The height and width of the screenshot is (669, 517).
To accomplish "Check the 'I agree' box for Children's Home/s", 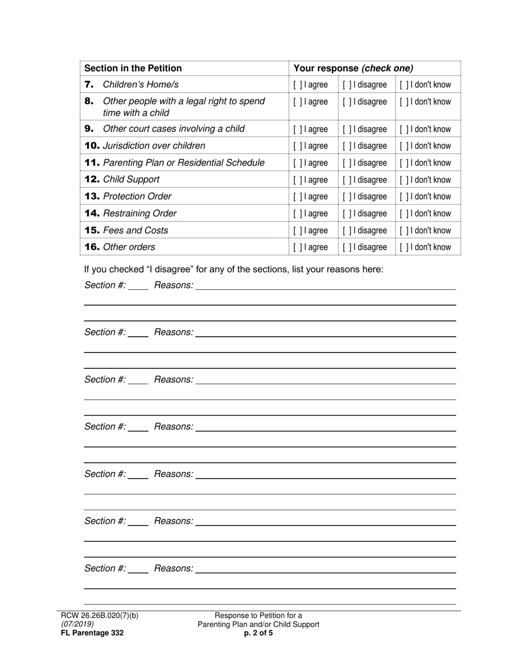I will click(298, 85).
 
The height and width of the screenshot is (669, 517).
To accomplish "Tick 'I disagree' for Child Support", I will click(347, 180).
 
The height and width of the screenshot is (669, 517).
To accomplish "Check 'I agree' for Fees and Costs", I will click(298, 231).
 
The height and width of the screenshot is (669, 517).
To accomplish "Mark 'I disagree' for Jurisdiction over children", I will click(347, 146).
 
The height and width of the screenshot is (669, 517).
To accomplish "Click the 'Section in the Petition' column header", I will click(133, 69).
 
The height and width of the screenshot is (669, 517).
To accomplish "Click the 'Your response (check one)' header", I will click(353, 69).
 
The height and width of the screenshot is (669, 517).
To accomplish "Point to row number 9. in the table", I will click(90, 129).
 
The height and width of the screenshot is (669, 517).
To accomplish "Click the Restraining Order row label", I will click(139, 214).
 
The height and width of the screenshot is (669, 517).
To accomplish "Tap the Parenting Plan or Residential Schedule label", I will click(183, 163).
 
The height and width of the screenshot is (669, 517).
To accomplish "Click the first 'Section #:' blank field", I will click(138, 286).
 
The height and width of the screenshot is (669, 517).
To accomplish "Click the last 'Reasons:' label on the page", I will click(174, 569).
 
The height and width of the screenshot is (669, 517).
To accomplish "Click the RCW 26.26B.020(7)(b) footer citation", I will click(100, 616).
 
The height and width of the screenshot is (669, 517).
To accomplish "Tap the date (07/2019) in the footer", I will click(77, 624).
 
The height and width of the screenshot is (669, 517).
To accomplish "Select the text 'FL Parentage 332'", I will click(93, 633).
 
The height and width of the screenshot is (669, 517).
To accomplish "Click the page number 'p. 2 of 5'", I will click(258, 633).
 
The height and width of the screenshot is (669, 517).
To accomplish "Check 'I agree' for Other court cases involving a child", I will click(298, 129).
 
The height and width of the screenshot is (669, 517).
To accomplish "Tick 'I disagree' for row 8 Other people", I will click(347, 102).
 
